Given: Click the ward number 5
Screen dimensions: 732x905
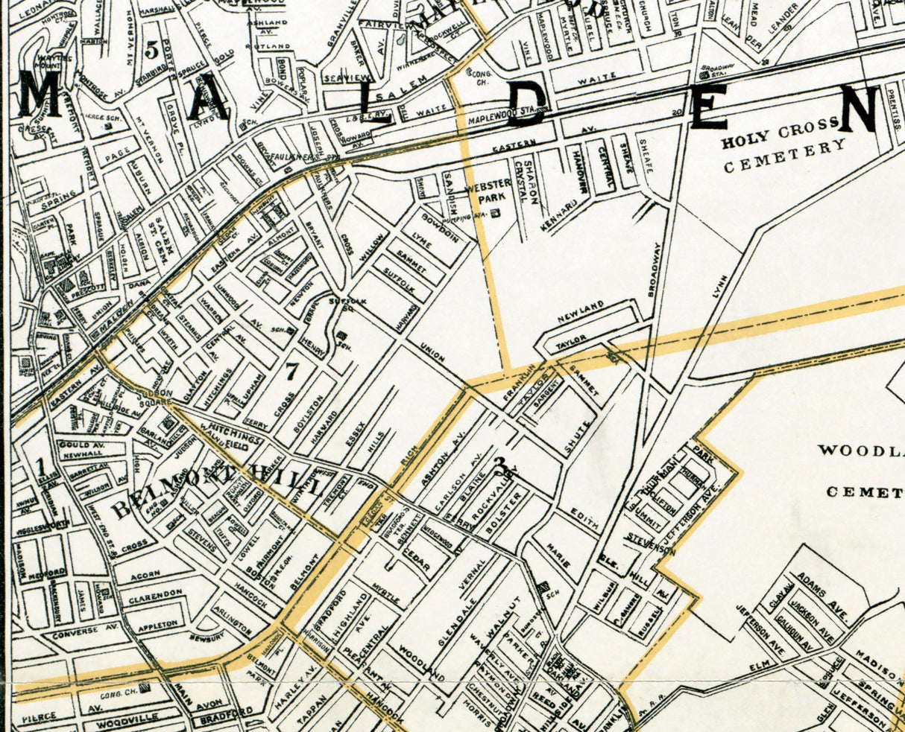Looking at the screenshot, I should (x=152, y=51).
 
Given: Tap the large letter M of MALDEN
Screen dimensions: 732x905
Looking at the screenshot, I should (x=40, y=95).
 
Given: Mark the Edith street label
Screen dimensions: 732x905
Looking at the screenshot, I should (x=584, y=518).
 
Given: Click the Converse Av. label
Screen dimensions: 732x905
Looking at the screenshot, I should (x=75, y=631).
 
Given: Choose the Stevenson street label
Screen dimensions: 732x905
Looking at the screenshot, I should (x=651, y=544).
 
